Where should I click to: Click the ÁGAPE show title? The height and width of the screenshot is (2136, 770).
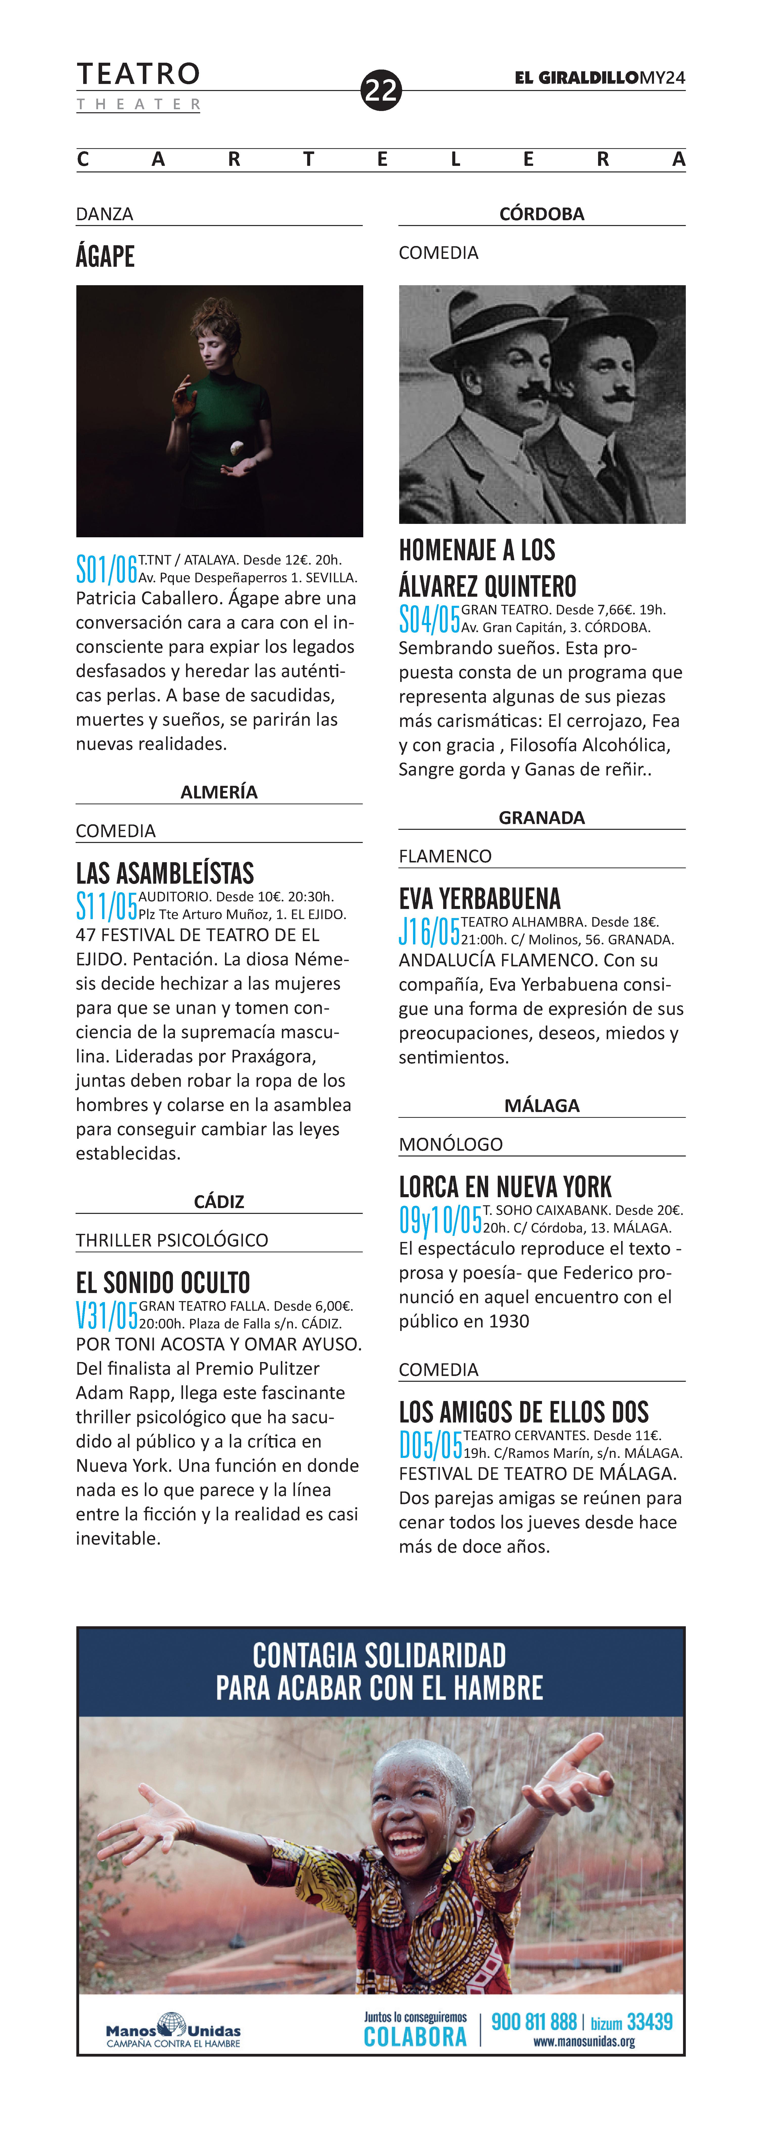coord(105,256)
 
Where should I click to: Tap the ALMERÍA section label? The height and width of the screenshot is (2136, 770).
coord(219,792)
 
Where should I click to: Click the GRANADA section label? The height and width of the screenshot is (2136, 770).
coord(541,818)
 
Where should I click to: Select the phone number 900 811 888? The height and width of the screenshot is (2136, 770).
coord(534,2021)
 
